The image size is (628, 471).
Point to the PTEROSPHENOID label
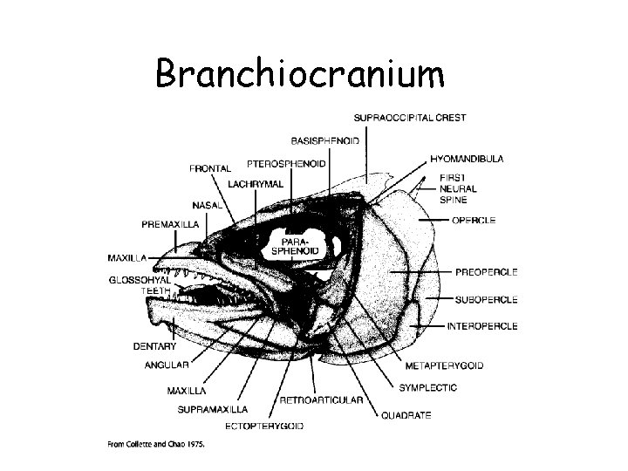287,163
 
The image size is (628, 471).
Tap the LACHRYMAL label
256,184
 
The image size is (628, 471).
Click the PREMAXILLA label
170,224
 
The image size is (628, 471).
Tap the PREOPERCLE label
487,273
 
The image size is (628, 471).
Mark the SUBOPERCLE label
486,299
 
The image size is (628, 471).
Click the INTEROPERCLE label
482,326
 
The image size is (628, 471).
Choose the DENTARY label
155,346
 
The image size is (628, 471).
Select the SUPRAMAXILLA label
212,408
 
